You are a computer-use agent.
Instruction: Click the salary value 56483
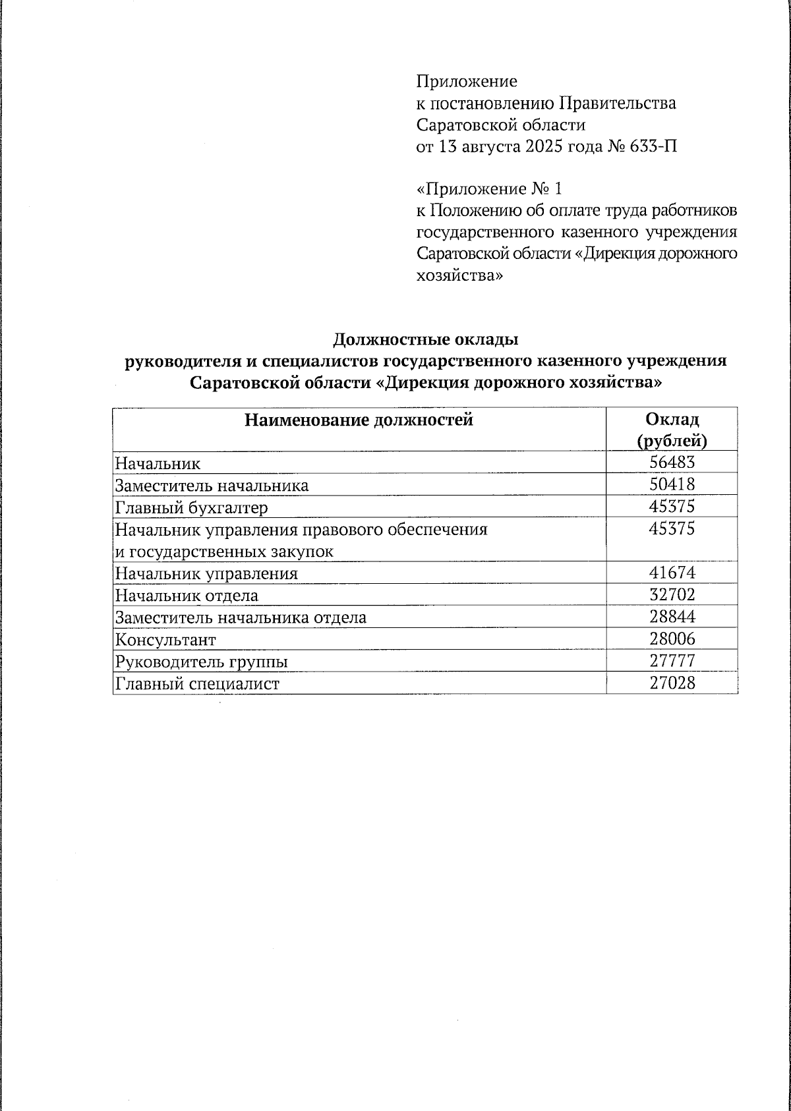[x=672, y=463]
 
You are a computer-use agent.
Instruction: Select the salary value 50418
[x=672, y=485]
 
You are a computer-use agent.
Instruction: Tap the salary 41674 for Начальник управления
[x=672, y=573]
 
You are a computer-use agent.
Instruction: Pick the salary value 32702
[x=672, y=595]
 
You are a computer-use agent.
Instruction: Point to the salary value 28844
[x=672, y=617]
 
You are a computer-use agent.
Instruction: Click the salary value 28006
[x=672, y=639]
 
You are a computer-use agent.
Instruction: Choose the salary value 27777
[x=672, y=661]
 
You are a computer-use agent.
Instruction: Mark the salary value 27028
[x=672, y=683]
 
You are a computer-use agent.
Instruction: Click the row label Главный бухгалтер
[x=192, y=507]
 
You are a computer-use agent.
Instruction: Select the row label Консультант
[x=165, y=640]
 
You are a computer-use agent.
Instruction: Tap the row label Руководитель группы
[x=201, y=662]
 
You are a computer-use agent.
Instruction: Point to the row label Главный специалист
[x=197, y=683]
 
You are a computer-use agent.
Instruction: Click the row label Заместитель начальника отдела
[x=241, y=617]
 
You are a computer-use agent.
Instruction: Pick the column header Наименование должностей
[x=359, y=420]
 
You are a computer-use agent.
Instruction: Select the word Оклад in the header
[x=672, y=419]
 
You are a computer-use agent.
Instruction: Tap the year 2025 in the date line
[x=542, y=146]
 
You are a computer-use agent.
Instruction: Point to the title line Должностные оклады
[x=425, y=339]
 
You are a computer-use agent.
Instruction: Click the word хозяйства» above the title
[x=459, y=275]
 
